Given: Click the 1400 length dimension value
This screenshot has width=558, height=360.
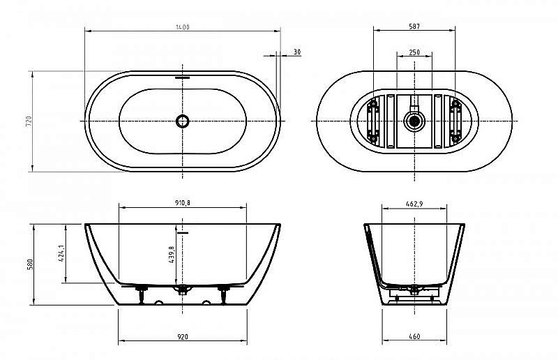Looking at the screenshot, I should (183, 27).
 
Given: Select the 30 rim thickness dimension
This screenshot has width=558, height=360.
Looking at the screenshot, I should (297, 52).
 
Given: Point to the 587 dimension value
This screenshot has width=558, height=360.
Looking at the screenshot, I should (414, 27).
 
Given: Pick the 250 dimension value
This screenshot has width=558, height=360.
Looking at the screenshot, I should (414, 52).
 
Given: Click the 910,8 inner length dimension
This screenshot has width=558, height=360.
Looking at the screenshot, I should (183, 203).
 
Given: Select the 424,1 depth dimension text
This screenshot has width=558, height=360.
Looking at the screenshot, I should (62, 253).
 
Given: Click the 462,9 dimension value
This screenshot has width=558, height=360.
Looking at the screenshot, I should (414, 203).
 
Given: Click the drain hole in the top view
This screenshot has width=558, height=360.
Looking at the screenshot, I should (183, 121).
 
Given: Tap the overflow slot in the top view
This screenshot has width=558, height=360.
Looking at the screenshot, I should (183, 78).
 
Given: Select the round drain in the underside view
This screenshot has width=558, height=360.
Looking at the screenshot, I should (414, 121).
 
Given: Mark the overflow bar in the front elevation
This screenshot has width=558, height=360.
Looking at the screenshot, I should (183, 231).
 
